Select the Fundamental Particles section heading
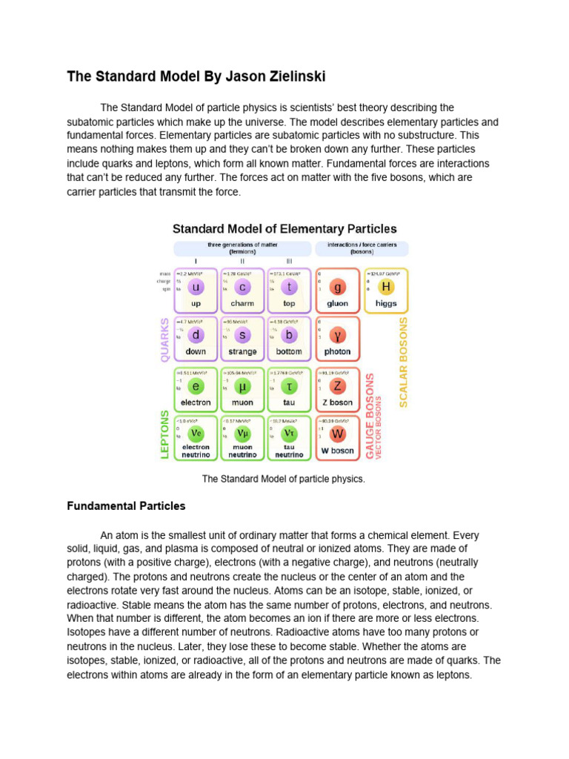click(126, 506)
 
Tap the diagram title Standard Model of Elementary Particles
click(284, 229)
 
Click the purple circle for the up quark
click(196, 288)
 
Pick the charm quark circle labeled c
click(242, 288)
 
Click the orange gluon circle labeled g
click(338, 288)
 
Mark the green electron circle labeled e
click(196, 386)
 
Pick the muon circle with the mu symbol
click(242, 386)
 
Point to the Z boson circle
click(338, 386)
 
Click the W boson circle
click(338, 434)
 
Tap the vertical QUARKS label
click(165, 339)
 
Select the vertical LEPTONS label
click(165, 434)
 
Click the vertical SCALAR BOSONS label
click(404, 362)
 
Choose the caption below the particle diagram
click(284, 479)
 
